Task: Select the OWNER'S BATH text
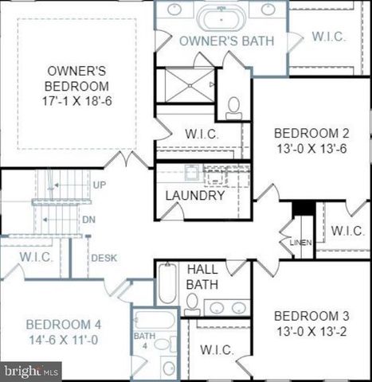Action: pyautogui.click(x=227, y=41)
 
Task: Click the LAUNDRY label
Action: pyautogui.click(x=195, y=195)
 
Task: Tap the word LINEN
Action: pyautogui.click(x=300, y=242)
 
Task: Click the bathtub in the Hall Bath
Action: pyautogui.click(x=167, y=283)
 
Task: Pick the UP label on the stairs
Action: pyautogui.click(x=100, y=185)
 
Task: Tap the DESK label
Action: pyautogui.click(x=104, y=258)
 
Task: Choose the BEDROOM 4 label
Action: pyautogui.click(x=64, y=324)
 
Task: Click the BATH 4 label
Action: pyautogui.click(x=144, y=341)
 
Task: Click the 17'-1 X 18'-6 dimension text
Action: pyautogui.click(x=77, y=101)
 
